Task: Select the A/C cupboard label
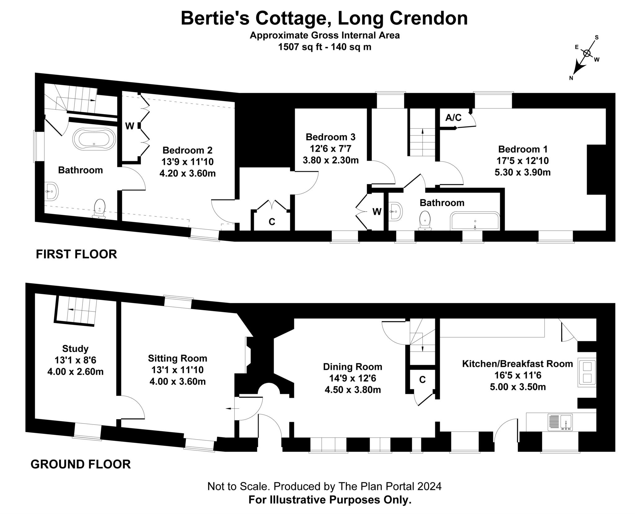point(453,118)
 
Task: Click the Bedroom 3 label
point(331,137)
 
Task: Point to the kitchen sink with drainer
point(560,422)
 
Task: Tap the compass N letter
point(571,78)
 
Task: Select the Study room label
point(75,349)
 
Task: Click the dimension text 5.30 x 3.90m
point(522,172)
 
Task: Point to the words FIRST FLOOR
point(76,254)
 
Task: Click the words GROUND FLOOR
point(81,464)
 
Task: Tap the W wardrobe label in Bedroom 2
point(130,126)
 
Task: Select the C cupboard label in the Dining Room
point(422,380)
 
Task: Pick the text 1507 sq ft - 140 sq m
point(325,47)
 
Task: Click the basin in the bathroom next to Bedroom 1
point(396,211)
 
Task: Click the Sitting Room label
point(177,358)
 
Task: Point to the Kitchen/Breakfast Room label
point(517,364)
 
